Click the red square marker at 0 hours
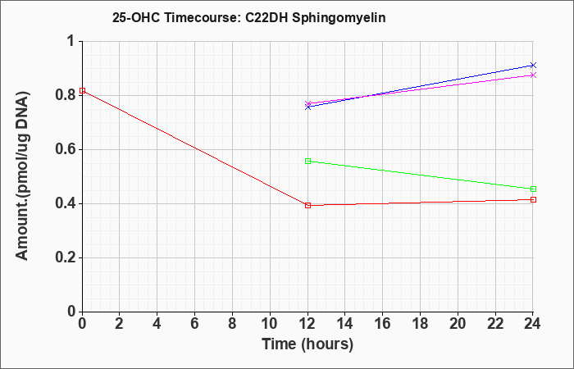82,90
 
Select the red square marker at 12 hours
307,205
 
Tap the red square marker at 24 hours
533,199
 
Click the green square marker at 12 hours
307,161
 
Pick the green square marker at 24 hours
533,189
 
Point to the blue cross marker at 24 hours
533,65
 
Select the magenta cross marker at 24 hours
533,75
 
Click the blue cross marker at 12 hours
307,107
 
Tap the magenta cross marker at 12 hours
307,103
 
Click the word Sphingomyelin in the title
339,18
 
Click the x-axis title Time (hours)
307,344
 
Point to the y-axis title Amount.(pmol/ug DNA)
22,176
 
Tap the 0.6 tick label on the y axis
65,149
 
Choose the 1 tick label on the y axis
71,41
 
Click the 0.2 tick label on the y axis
65,257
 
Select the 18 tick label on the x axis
420,324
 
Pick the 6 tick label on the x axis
195,324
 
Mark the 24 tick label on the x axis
532,324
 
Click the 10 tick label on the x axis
270,324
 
